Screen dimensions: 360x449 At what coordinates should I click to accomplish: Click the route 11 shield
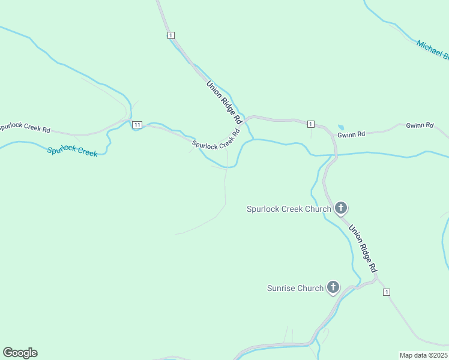(x=137, y=124)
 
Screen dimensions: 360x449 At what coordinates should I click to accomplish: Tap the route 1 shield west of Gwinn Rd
(x=310, y=124)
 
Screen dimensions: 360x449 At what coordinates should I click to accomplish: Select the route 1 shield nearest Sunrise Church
(x=387, y=292)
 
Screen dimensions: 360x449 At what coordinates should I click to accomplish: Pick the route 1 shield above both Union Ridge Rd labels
(x=172, y=35)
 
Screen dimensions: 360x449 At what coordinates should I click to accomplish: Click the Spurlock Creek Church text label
(x=289, y=209)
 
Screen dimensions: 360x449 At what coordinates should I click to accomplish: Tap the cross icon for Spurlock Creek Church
(x=340, y=208)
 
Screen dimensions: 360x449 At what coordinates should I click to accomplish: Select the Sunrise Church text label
(x=295, y=288)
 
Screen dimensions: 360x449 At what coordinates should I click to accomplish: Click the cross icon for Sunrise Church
(x=333, y=287)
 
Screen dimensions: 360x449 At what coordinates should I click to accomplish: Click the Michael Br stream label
(x=433, y=50)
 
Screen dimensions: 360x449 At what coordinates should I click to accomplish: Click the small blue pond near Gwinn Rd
(x=341, y=127)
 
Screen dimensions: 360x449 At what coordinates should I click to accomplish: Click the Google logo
(x=20, y=353)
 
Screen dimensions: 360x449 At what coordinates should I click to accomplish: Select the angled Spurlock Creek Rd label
(x=216, y=139)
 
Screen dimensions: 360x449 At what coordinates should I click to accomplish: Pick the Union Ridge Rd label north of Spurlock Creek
(x=223, y=101)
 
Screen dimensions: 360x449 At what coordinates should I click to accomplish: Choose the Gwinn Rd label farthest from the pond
(x=420, y=125)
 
